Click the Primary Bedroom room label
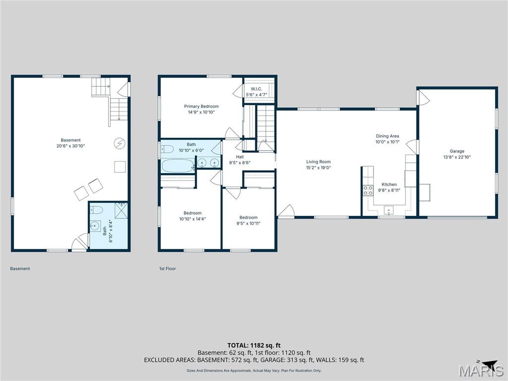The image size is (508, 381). (201, 106)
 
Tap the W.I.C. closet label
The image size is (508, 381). (256, 89)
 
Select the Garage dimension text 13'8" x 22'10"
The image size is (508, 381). (457, 157)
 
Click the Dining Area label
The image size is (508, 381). (387, 136)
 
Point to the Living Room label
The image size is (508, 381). (318, 162)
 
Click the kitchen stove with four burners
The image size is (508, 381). (368, 191)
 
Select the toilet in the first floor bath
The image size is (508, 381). (167, 149)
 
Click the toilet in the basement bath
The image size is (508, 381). (98, 209)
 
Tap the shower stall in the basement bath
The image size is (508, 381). (121, 210)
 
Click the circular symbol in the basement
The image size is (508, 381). (120, 144)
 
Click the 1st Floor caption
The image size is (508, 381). (167, 269)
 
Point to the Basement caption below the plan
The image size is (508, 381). (20, 269)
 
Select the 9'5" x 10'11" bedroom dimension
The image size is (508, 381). (248, 223)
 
